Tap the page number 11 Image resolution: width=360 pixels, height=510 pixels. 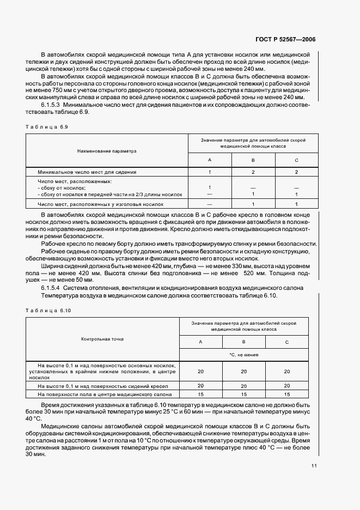click(x=314, y=466)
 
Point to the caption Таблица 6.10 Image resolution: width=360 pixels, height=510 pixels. click(x=48, y=309)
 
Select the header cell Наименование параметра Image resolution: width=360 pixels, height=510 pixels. click(x=107, y=150)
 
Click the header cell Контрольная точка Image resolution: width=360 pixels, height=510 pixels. click(x=102, y=339)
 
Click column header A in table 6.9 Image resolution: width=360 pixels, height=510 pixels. click(x=210, y=160)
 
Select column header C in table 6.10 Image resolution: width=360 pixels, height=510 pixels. click(x=287, y=342)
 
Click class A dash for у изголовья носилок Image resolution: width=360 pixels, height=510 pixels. click(x=210, y=204)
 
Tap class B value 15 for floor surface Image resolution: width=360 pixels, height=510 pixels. click(x=244, y=394)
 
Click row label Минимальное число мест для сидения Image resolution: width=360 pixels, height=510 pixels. click(x=87, y=172)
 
